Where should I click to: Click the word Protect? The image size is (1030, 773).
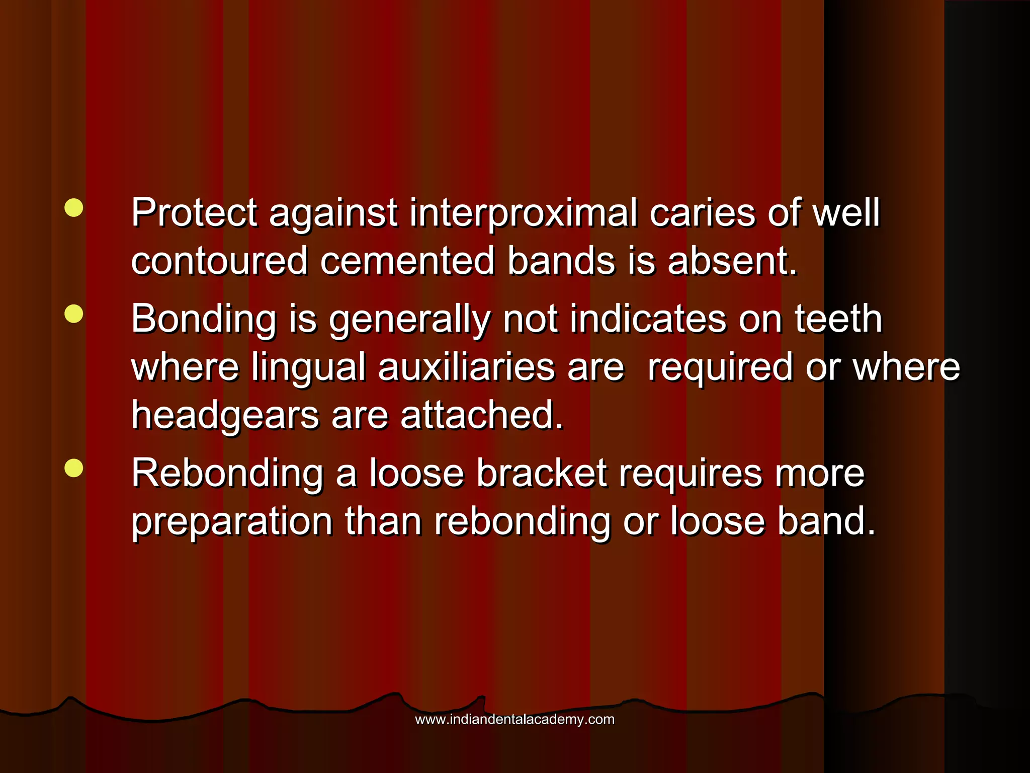pos(194,213)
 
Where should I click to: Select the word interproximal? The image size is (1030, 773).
pos(523,213)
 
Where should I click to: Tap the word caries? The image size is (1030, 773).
pos(702,213)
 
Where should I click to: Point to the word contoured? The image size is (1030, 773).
pos(219,261)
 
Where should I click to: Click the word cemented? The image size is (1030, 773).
pos(407,261)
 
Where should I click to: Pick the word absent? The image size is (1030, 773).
pos(732,261)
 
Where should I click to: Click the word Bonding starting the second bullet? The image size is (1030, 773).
pos(203,319)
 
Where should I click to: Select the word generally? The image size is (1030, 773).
pos(409,320)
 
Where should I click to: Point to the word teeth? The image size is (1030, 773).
pos(838,319)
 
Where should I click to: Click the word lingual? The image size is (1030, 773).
pos(308,367)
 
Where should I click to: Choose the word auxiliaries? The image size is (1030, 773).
pos(466,366)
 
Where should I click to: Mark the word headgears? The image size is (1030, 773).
pos(225,416)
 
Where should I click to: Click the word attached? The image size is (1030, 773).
pos(482,416)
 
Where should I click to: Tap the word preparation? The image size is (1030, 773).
pos(232,522)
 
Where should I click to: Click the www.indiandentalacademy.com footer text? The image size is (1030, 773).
pos(514,720)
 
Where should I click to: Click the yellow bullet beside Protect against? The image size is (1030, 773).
pos(74,207)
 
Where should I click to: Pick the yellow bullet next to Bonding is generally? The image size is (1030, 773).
pos(74,314)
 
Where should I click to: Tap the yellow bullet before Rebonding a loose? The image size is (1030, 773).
pos(74,468)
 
